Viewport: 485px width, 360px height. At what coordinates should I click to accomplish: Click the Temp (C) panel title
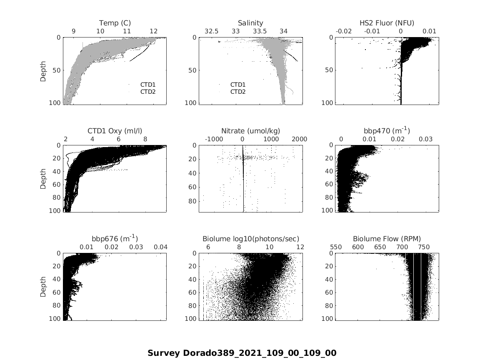coord(115,23)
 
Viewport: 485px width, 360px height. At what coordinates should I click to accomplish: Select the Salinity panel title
coord(250,23)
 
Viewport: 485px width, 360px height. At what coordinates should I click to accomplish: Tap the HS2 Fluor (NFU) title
coord(387,23)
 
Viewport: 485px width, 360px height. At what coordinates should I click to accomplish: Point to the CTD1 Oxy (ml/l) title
coord(115,131)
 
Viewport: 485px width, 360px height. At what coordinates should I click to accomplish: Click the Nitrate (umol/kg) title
coord(250,131)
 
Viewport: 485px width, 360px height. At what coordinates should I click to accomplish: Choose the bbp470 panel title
coord(387,130)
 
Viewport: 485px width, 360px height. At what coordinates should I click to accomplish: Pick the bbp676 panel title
coord(115,238)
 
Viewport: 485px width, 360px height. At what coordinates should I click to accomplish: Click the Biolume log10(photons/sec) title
coord(250,239)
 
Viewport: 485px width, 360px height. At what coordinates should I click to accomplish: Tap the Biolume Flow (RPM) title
coord(387,239)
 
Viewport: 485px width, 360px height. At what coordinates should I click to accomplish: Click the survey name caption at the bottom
coord(242,353)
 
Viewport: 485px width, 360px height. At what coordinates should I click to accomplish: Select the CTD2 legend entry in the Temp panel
coord(147,92)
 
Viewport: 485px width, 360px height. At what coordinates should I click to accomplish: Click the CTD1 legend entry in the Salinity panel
coord(238,85)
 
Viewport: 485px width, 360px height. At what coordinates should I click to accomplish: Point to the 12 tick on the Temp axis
coord(153,31)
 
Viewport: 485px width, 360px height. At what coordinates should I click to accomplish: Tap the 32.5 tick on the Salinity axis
coord(211,31)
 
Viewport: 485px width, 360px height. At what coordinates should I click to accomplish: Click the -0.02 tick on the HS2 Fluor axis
coord(344,31)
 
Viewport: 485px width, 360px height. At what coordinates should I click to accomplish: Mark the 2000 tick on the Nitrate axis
coord(300,139)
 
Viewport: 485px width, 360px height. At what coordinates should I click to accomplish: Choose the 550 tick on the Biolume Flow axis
coord(336,247)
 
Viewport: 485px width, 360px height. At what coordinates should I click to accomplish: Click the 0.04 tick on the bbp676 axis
coord(160,247)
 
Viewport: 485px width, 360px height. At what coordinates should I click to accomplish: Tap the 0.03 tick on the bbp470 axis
coord(426,139)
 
